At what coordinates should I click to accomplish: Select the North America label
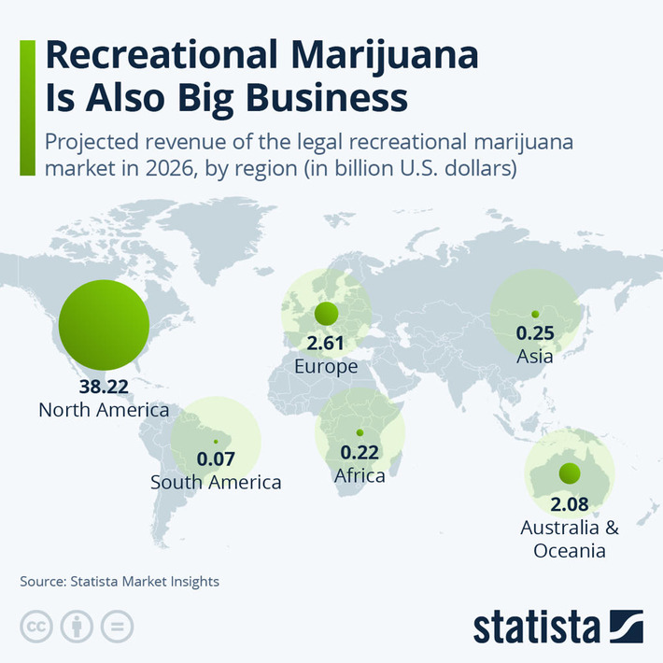pos(103,410)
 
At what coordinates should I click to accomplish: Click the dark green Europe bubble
pos(327,313)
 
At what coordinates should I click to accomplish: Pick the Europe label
pos(326,367)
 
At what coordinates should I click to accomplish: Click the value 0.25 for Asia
pos(535,333)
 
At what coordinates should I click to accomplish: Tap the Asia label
pos(534,356)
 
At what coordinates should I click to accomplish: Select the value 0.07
pos(216,460)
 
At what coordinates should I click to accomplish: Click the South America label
pos(216,483)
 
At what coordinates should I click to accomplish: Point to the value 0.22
pos(360,453)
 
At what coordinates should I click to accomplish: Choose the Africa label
pos(360,475)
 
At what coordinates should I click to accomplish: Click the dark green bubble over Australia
pos(569,473)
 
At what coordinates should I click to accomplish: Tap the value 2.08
pos(569,505)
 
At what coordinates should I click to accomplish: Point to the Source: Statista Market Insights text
pos(120,581)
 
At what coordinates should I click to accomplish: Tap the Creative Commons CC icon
pos(36,627)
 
